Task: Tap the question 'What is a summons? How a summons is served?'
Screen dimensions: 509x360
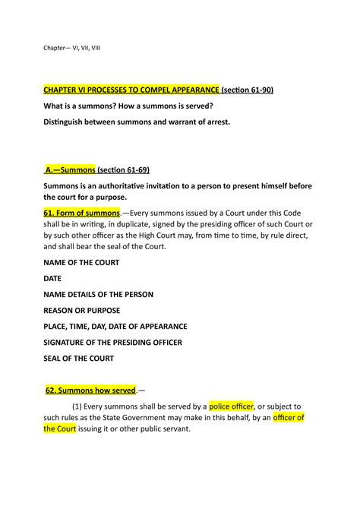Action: click(132, 106)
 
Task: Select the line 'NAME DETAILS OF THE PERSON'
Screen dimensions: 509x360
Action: click(103, 294)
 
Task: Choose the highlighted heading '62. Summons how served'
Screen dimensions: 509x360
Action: click(90, 390)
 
